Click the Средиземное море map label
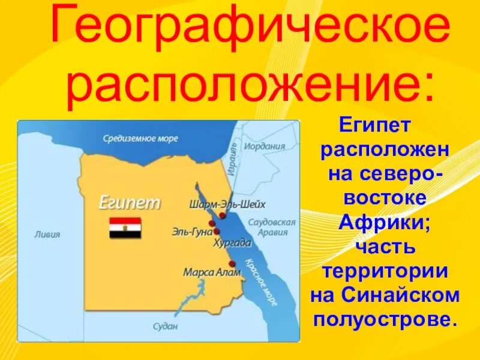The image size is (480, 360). (x=140, y=139)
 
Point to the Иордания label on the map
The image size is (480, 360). (x=265, y=146)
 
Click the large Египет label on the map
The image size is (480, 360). (x=130, y=202)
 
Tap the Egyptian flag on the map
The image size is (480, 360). (x=125, y=228)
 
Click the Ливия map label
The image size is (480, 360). (x=47, y=234)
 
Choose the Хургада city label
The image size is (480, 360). (x=232, y=243)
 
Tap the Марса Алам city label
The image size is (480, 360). (x=212, y=272)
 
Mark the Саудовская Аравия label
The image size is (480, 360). (x=272, y=227)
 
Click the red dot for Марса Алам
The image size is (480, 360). (x=232, y=263)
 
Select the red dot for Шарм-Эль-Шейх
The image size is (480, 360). (x=223, y=215)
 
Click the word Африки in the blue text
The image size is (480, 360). (x=385, y=221)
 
